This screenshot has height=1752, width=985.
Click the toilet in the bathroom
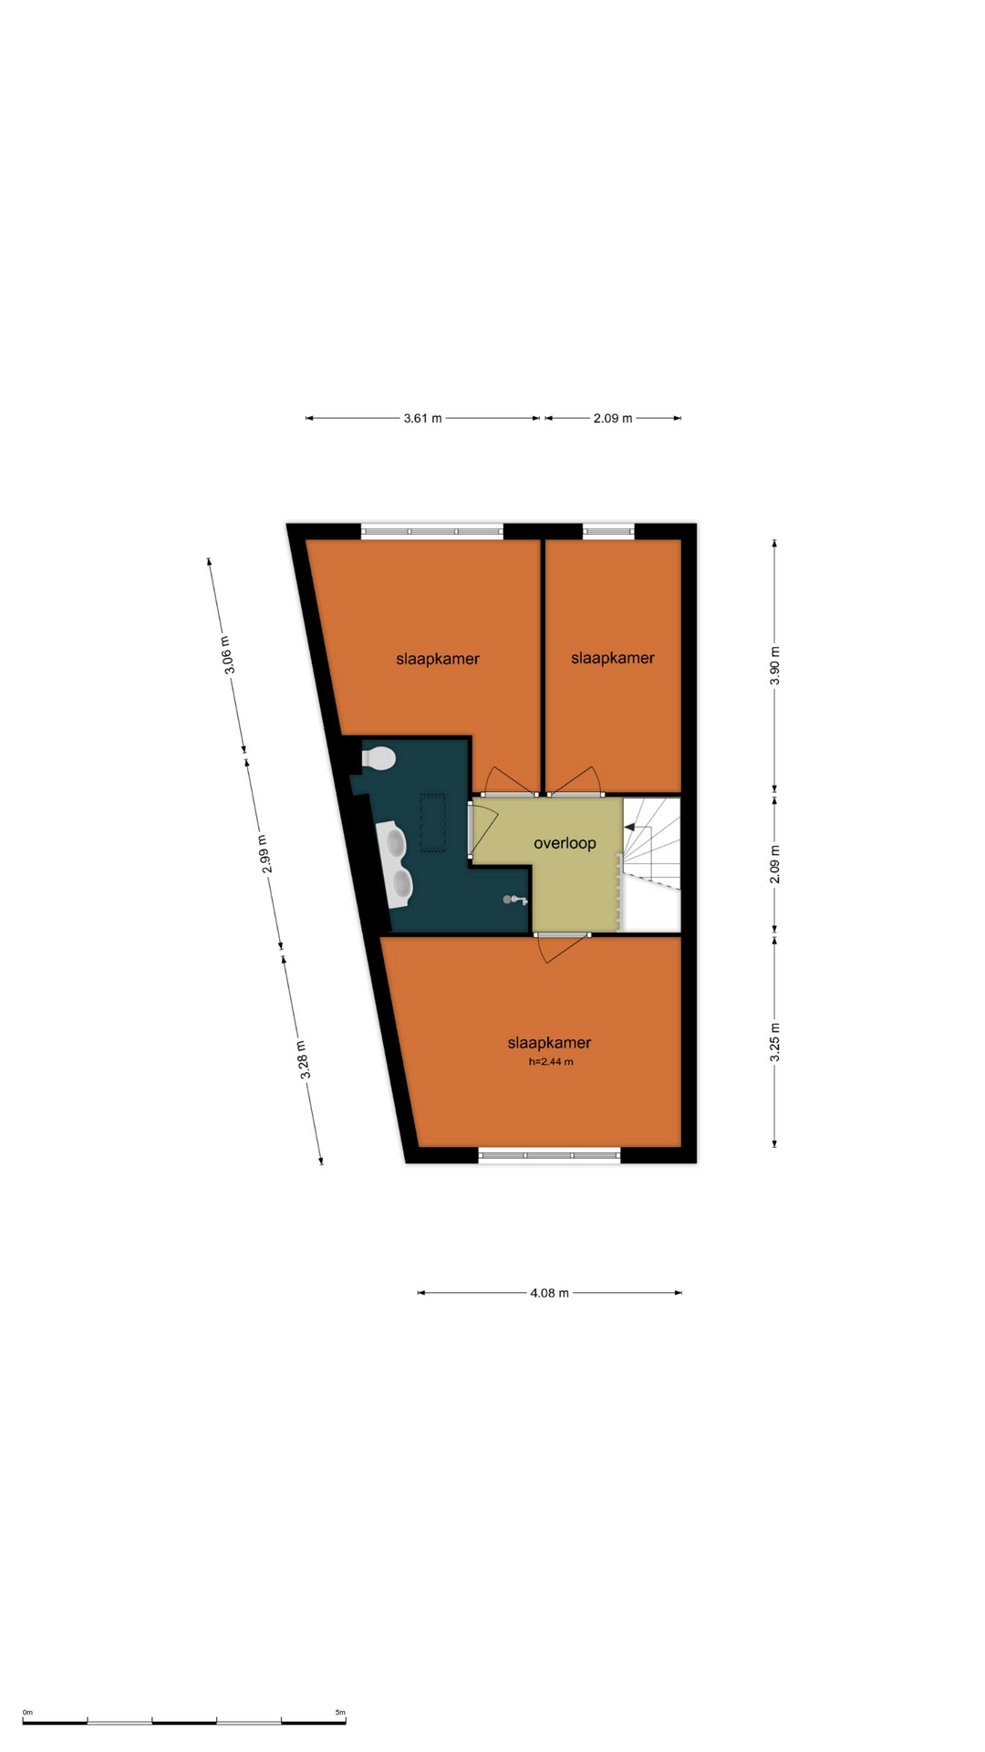click(378, 758)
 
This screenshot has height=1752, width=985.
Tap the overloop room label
click(565, 843)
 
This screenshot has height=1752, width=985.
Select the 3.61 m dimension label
click(422, 418)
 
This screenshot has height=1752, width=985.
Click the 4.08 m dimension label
click(549, 1292)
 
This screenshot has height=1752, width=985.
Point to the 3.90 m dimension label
click(775, 665)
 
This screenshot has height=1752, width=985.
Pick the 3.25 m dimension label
click(775, 1042)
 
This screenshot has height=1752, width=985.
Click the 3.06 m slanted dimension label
click(228, 655)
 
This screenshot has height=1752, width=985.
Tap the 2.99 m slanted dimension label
click(264, 854)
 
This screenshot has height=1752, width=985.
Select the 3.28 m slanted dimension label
click(304, 1059)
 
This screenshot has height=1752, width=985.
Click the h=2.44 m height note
click(551, 1061)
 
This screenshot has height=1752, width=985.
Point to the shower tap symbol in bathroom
click(514, 900)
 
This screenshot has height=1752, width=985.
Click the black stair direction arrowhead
click(629, 827)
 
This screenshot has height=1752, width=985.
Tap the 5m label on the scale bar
click(340, 1712)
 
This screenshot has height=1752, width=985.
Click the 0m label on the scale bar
click(27, 1712)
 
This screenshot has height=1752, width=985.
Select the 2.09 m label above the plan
click(613, 418)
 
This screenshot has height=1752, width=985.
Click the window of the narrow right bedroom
click(608, 531)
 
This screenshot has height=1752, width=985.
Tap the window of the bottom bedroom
click(549, 1155)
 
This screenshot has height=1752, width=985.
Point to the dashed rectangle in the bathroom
click(432, 822)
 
